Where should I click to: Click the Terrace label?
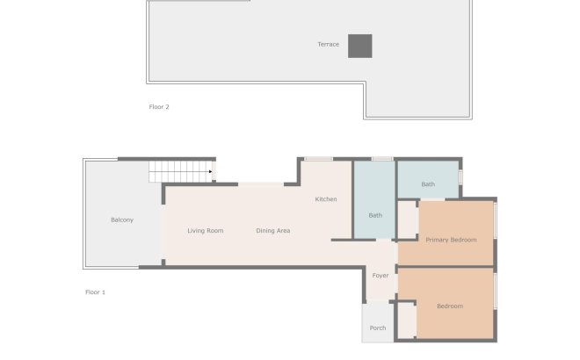click(x=328, y=45)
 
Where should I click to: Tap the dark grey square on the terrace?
click(x=359, y=46)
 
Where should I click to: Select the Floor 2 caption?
click(x=158, y=107)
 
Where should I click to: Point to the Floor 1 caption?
click(x=95, y=292)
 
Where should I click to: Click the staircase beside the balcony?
click(x=180, y=171)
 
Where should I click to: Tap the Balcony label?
click(x=122, y=220)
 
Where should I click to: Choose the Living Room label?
click(x=206, y=231)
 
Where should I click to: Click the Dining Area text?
click(x=273, y=231)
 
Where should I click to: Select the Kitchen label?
click(x=326, y=199)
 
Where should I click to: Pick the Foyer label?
click(x=381, y=276)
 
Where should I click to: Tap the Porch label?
click(x=378, y=328)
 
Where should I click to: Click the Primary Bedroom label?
click(x=451, y=240)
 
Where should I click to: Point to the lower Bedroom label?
click(x=450, y=306)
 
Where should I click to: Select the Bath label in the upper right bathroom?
click(x=428, y=184)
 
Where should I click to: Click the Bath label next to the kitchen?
click(x=375, y=215)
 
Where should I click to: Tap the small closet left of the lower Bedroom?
click(x=406, y=320)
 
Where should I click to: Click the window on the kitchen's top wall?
click(x=318, y=159)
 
